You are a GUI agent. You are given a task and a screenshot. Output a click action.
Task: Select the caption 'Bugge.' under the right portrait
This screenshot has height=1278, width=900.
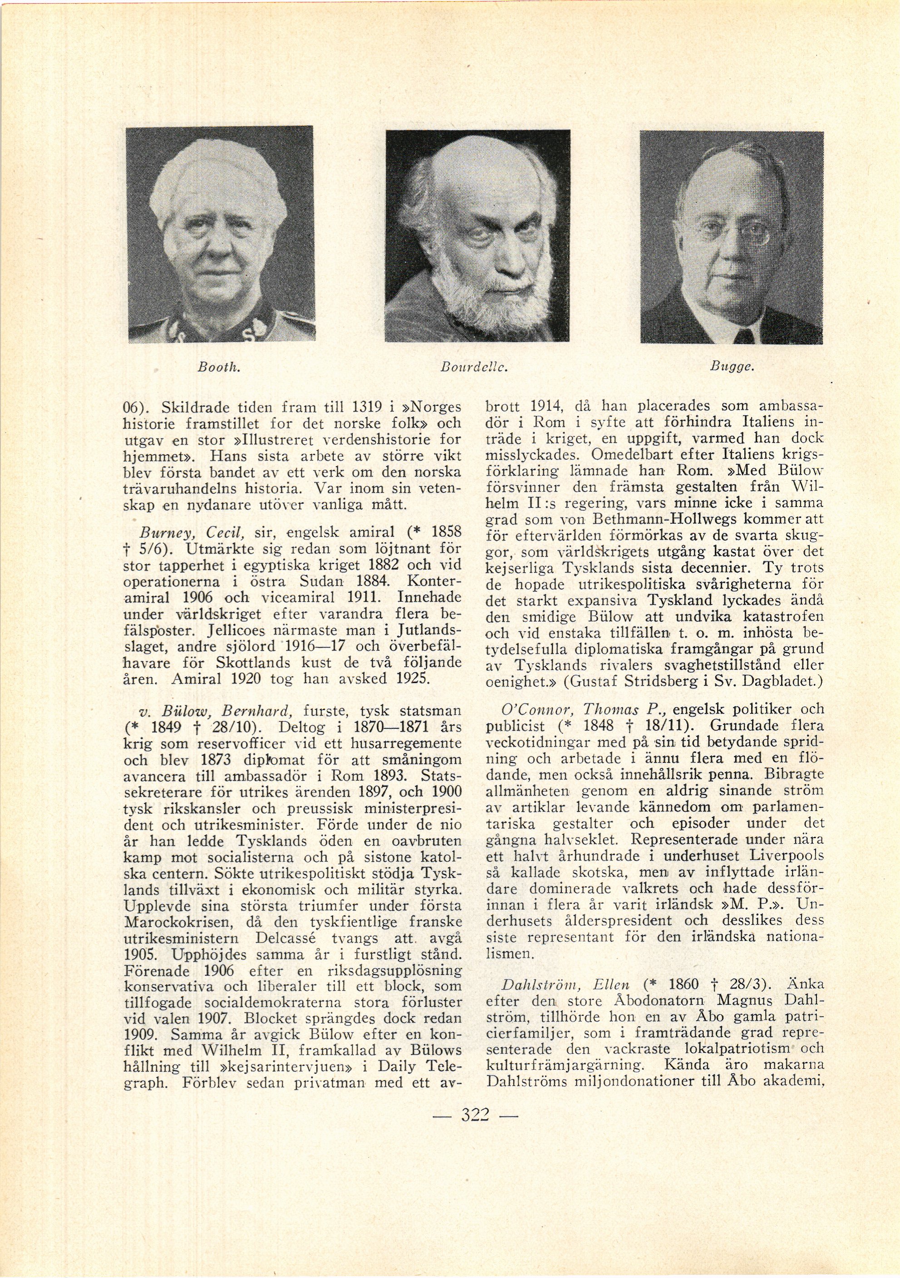[732, 367]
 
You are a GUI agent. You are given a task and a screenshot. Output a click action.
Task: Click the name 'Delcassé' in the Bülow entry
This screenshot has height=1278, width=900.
[287, 922]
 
